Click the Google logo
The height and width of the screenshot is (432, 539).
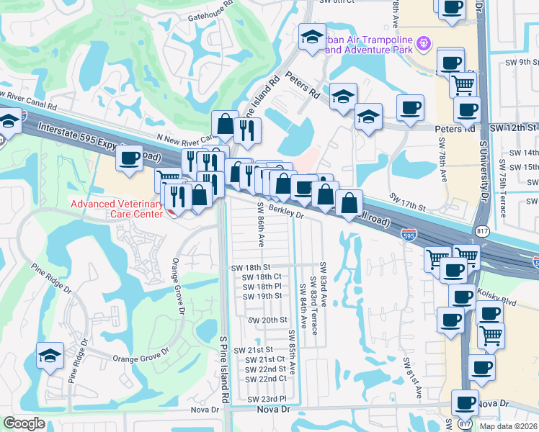click(x=24, y=423)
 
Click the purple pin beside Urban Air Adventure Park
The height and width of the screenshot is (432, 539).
click(x=424, y=44)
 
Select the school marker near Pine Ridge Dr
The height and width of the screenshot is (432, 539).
click(x=49, y=356)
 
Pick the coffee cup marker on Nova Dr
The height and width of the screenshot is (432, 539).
click(x=465, y=402)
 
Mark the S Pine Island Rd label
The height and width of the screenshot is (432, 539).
click(x=224, y=367)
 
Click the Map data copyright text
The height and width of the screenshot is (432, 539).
click(x=507, y=426)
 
